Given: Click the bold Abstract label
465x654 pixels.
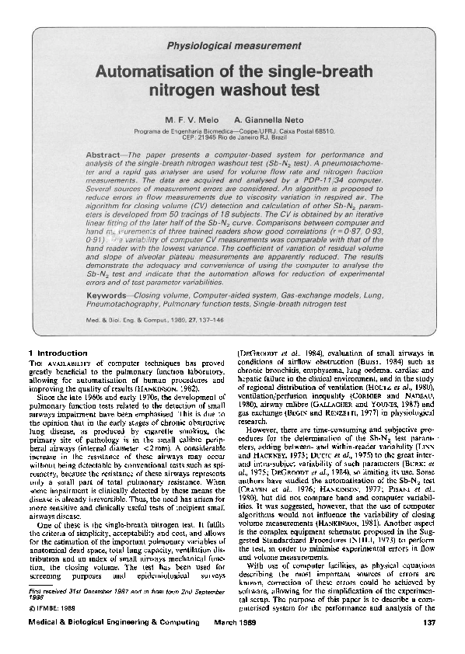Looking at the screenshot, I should [104, 155].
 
